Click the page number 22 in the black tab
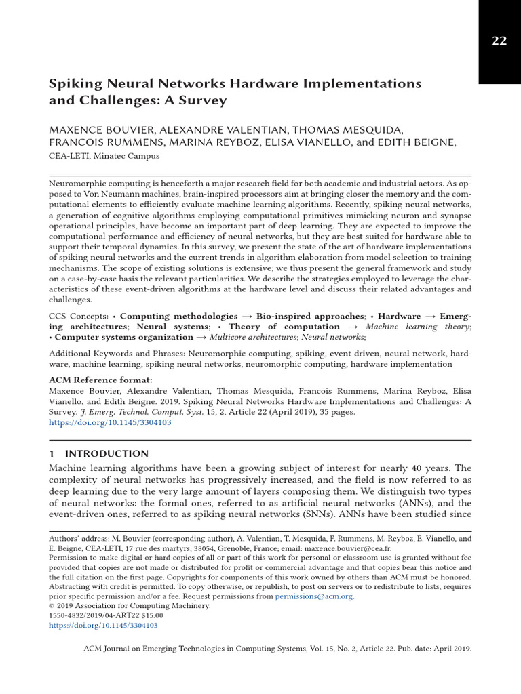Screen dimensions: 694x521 pyautogui.click(x=499, y=41)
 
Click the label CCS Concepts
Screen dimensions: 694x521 pyautogui.click(x=79, y=316)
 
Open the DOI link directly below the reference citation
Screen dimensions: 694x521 pyautogui.click(x=110, y=422)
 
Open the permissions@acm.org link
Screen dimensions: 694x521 pyautogui.click(x=314, y=596)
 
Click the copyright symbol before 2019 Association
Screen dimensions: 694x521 pyautogui.click(x=52, y=607)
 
